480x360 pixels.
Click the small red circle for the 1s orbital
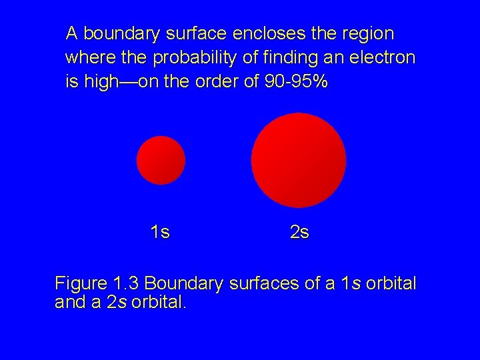pyautogui.click(x=161, y=160)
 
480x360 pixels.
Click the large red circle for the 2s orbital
pyautogui.click(x=299, y=161)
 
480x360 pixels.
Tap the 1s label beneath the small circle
pyautogui.click(x=160, y=233)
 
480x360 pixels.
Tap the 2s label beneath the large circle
pyautogui.click(x=299, y=233)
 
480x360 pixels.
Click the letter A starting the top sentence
pyautogui.click(x=72, y=33)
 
